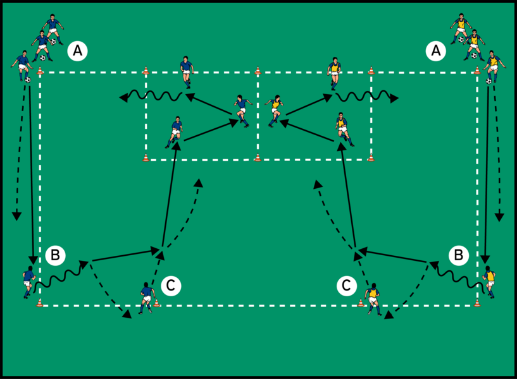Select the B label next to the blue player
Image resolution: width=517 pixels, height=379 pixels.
56,255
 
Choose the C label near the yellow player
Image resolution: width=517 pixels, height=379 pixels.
346,286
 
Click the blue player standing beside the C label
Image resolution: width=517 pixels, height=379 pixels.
147,298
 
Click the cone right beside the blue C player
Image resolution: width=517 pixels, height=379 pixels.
156,303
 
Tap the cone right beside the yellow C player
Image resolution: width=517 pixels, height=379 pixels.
361,303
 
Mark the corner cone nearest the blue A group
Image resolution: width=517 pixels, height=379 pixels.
40,70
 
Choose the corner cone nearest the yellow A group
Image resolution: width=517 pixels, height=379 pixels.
476,70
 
